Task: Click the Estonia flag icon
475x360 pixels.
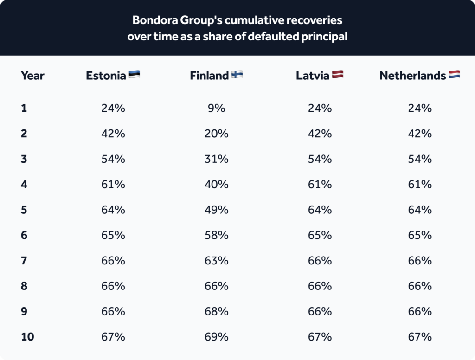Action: point(134,74)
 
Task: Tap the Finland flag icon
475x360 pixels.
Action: point(237,74)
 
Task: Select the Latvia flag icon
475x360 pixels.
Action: point(338,74)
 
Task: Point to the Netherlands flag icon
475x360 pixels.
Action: point(454,74)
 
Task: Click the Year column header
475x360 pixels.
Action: point(32,76)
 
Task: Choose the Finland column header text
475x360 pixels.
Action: point(209,76)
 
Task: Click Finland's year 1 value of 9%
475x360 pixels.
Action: point(216,108)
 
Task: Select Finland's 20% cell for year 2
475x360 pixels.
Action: point(216,134)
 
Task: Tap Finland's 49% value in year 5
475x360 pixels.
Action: point(216,210)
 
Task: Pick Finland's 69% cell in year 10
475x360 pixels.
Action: point(216,337)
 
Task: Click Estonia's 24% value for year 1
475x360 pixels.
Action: point(113,108)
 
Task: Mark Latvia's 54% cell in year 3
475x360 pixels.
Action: point(320,159)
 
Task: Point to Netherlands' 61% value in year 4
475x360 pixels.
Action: point(419,184)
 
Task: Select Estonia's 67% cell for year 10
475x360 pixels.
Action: point(113,337)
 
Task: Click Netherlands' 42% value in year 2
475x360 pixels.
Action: point(419,134)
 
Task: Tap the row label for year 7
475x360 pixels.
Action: point(24,261)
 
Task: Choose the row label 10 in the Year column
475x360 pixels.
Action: point(27,337)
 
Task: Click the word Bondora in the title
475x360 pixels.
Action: point(155,20)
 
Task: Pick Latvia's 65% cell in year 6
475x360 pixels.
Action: point(320,235)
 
